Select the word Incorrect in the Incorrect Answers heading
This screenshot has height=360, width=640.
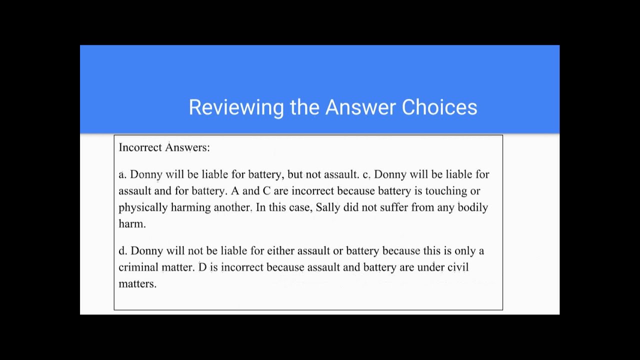(x=140, y=147)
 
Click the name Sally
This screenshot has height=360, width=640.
(x=328, y=207)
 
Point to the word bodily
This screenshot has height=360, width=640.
(x=472, y=207)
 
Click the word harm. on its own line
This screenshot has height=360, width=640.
(x=132, y=224)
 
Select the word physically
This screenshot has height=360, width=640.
(x=143, y=207)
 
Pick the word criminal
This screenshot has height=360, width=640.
(x=138, y=267)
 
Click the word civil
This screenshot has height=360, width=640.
(x=457, y=267)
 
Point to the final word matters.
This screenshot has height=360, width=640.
(x=137, y=284)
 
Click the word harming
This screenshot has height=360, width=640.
(x=190, y=207)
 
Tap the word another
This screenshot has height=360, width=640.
(x=233, y=207)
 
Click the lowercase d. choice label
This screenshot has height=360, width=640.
(x=123, y=251)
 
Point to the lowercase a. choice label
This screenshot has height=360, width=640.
(x=122, y=174)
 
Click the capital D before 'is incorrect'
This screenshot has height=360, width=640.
(x=202, y=267)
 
